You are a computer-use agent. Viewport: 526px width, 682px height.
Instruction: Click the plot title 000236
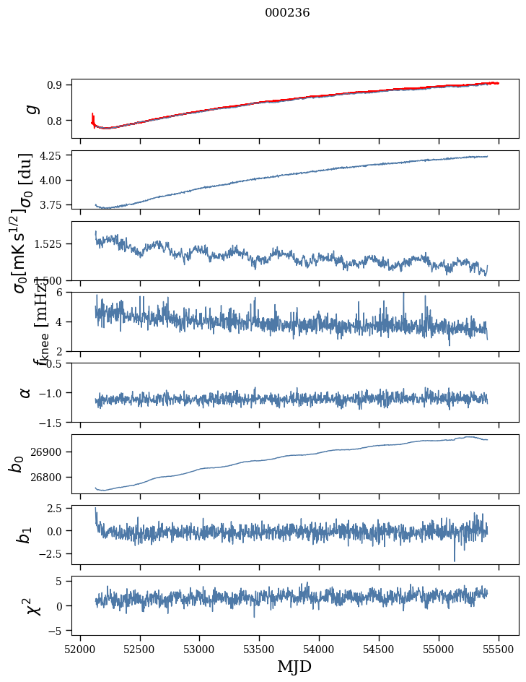287,13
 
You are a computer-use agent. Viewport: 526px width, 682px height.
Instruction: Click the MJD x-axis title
294,666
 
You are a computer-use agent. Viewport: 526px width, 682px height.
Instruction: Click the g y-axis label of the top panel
30,108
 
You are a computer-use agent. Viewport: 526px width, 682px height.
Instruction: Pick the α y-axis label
26,392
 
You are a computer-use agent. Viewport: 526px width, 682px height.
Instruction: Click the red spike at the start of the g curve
93,117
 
